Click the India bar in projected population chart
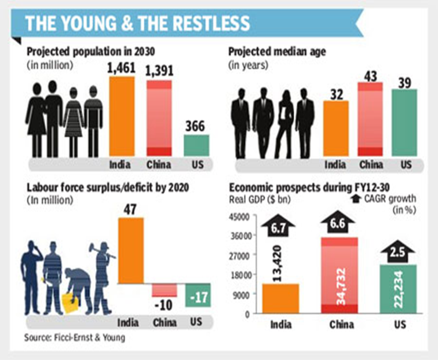click(121, 116)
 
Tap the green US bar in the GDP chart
click(397, 289)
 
